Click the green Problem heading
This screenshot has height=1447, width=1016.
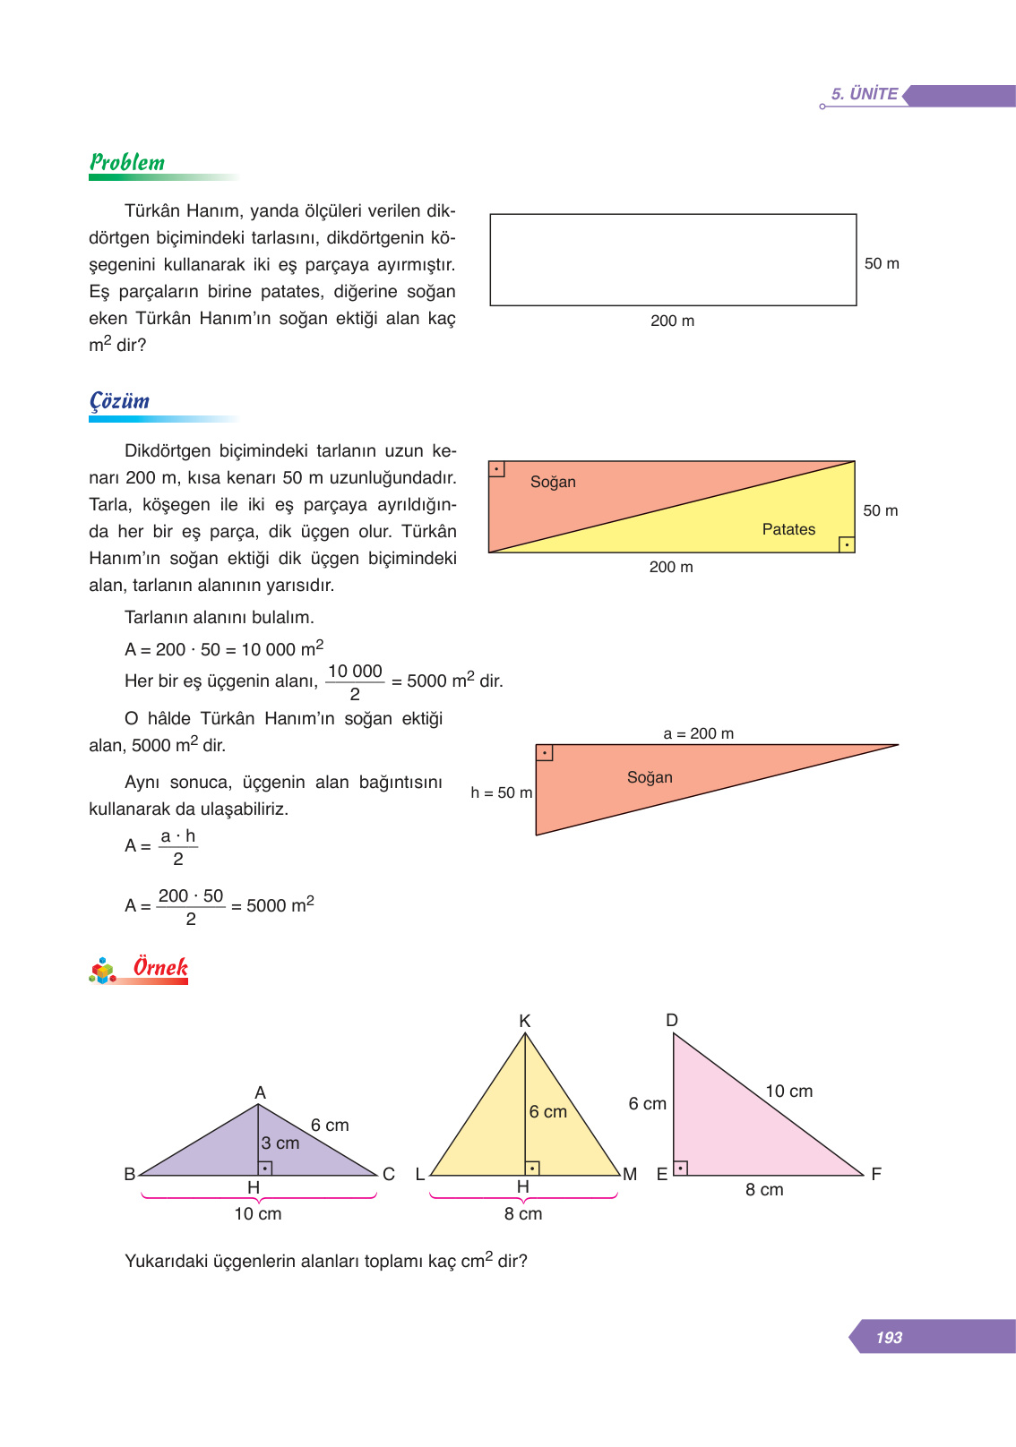pos(127,163)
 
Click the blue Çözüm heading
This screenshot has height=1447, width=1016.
pos(120,401)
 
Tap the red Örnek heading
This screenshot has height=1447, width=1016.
pos(160,968)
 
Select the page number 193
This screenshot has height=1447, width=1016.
pos(889,1338)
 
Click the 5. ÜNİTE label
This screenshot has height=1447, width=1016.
pos(864,94)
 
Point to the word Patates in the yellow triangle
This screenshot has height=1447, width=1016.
pos(788,529)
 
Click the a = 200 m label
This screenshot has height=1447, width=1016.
pos(698,733)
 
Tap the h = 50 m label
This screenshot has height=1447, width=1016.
pos(501,792)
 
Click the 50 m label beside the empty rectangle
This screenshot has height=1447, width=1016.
pos(882,263)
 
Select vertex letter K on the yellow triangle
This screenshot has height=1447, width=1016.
pos(525,1021)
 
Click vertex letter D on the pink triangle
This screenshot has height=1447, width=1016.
pos(672,1020)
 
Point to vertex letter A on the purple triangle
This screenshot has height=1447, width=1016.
pos(260,1092)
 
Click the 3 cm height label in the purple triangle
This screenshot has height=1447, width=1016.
pos(280,1143)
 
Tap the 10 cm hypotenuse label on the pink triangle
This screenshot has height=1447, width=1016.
pos(788,1091)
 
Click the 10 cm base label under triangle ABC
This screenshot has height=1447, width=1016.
pos(258,1214)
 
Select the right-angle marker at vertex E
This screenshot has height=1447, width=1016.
pos(680,1168)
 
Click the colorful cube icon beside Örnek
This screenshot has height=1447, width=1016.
pos(103,971)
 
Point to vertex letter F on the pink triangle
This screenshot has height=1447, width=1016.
pos(875,1173)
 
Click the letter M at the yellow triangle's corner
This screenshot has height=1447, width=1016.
pos(630,1174)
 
